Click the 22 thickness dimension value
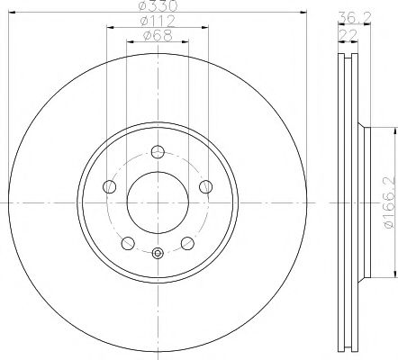click(x=345, y=34)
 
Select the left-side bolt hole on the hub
click(x=111, y=186)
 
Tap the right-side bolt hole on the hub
click(x=204, y=186)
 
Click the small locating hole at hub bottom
click(x=158, y=254)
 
